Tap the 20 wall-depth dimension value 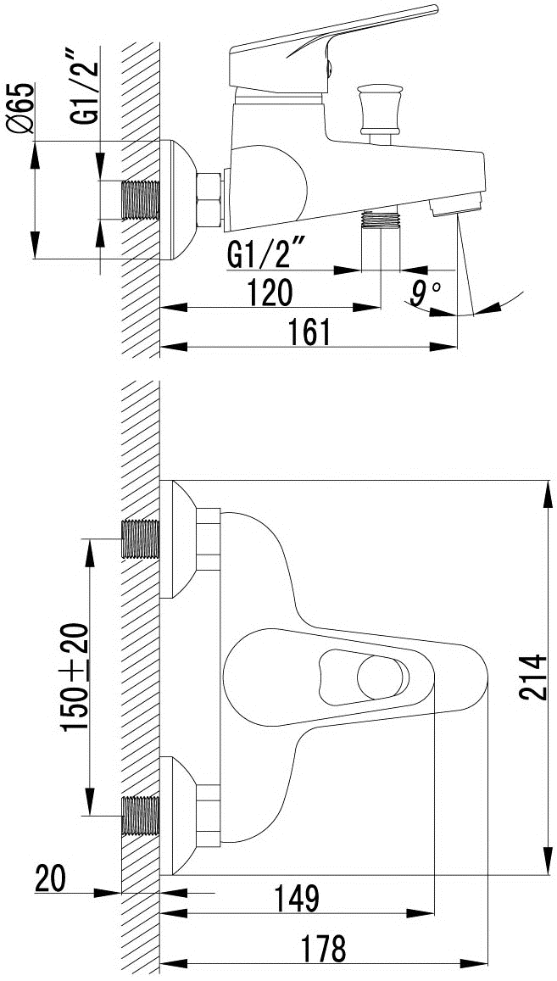pos(51,878)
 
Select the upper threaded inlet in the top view pos(141,538)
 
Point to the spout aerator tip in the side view pos(458,204)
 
